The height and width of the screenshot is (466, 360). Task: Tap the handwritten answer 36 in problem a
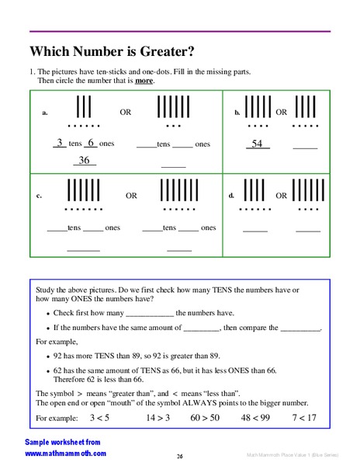85,161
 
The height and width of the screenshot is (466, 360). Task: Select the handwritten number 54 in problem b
257,144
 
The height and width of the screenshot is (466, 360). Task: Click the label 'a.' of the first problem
45,113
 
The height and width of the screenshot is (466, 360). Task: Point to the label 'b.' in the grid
237,113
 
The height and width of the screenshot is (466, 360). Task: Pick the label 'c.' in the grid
39,196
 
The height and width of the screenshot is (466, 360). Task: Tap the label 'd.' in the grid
231,196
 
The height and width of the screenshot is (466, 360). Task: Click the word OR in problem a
126,112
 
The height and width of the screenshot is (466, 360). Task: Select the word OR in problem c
131,196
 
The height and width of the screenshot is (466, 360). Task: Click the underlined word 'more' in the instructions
144,81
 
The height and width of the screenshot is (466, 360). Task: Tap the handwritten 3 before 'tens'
60,143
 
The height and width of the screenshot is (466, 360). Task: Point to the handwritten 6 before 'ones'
90,143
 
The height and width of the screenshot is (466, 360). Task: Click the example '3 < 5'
99,418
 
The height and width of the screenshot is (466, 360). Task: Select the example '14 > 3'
157,418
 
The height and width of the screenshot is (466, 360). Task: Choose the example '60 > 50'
205,418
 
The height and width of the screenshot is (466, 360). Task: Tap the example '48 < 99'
255,418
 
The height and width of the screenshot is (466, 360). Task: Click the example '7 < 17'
304,418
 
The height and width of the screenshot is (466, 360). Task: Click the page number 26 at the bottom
179,456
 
